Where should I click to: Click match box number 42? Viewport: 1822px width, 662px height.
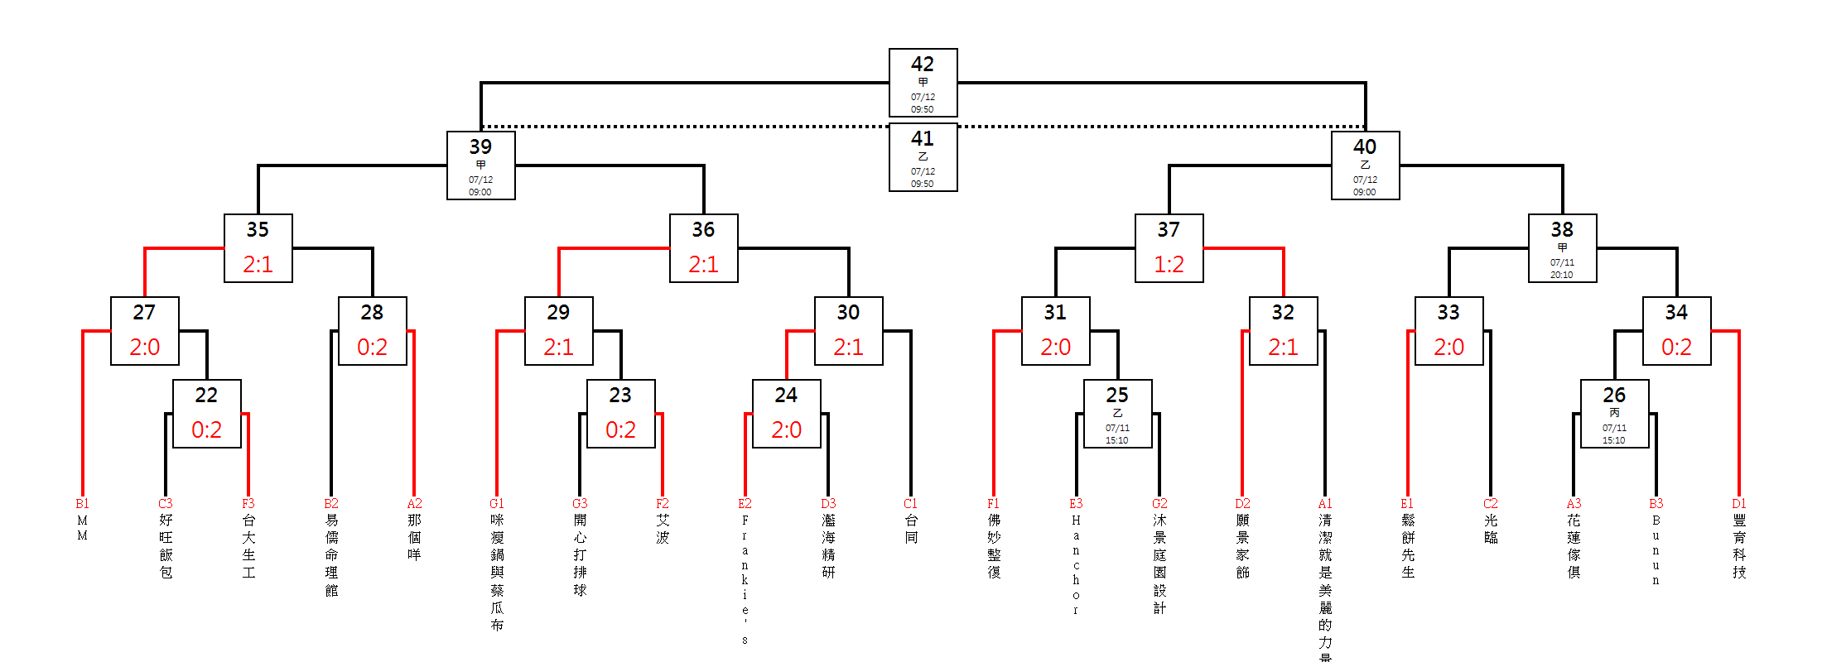pos(923,83)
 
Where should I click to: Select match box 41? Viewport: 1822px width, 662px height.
pos(923,157)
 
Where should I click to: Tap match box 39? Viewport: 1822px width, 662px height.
pos(480,165)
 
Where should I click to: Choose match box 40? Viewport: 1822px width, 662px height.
pos(1365,165)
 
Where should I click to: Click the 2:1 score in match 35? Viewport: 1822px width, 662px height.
pos(258,264)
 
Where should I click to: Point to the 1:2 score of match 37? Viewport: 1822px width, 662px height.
pos(1169,264)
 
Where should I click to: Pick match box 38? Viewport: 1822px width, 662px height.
pos(1562,248)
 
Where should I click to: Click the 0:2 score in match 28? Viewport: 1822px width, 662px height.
pos(372,347)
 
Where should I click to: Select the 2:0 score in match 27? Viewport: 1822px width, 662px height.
pos(145,347)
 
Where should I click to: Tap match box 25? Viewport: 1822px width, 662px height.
pos(1117,414)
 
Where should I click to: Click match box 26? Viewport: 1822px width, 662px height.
pos(1614,414)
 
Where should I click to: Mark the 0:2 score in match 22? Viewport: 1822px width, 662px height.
pos(206,429)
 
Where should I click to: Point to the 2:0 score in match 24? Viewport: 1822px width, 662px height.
pos(786,429)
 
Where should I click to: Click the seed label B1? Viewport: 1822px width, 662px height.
pos(83,503)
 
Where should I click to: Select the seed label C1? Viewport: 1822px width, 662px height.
pos(911,503)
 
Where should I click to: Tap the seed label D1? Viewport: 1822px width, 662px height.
pos(1739,503)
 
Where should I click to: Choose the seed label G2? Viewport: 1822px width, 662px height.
pos(1159,503)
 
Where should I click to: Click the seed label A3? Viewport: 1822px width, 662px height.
pos(1574,503)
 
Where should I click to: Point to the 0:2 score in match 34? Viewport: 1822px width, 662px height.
pos(1676,347)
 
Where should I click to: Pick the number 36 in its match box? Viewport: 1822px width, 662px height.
pos(703,229)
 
